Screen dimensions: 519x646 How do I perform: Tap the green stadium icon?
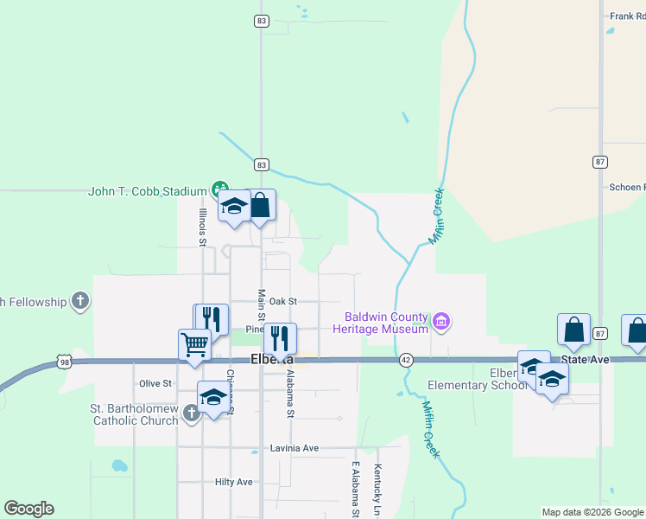click(220, 189)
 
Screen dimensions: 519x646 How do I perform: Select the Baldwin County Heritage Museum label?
click(386, 323)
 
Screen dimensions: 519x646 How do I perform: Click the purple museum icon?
click(442, 323)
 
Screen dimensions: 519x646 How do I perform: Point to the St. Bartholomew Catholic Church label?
click(134, 414)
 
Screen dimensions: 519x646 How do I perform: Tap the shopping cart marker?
click(195, 345)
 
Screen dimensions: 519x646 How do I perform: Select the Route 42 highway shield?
click(405, 359)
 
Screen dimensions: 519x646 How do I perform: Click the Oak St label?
click(282, 301)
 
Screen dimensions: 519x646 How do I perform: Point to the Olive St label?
click(155, 382)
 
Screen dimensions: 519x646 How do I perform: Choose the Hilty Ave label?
click(233, 482)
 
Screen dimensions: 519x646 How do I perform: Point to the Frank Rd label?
click(627, 16)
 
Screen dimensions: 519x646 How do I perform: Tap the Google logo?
click(28, 509)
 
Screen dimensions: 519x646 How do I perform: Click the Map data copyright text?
click(592, 512)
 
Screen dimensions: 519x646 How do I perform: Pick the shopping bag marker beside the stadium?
click(261, 206)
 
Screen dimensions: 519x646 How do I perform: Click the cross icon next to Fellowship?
click(80, 301)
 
